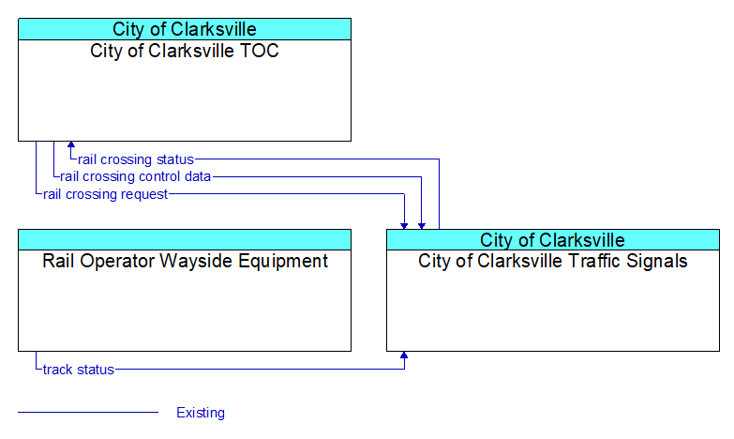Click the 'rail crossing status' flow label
136,159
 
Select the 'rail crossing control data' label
135,176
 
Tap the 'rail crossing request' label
105,194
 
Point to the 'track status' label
79,370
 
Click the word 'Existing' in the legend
201,413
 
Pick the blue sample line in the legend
88,413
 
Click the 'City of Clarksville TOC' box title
185,51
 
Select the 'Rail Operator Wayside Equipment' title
185,261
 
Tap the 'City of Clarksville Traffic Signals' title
553,261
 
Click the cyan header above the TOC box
185,29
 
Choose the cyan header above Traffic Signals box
553,240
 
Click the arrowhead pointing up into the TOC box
71,144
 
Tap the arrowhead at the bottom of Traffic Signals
404,355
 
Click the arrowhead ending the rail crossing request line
404,226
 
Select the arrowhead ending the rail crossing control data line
422,226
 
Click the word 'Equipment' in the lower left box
283,262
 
